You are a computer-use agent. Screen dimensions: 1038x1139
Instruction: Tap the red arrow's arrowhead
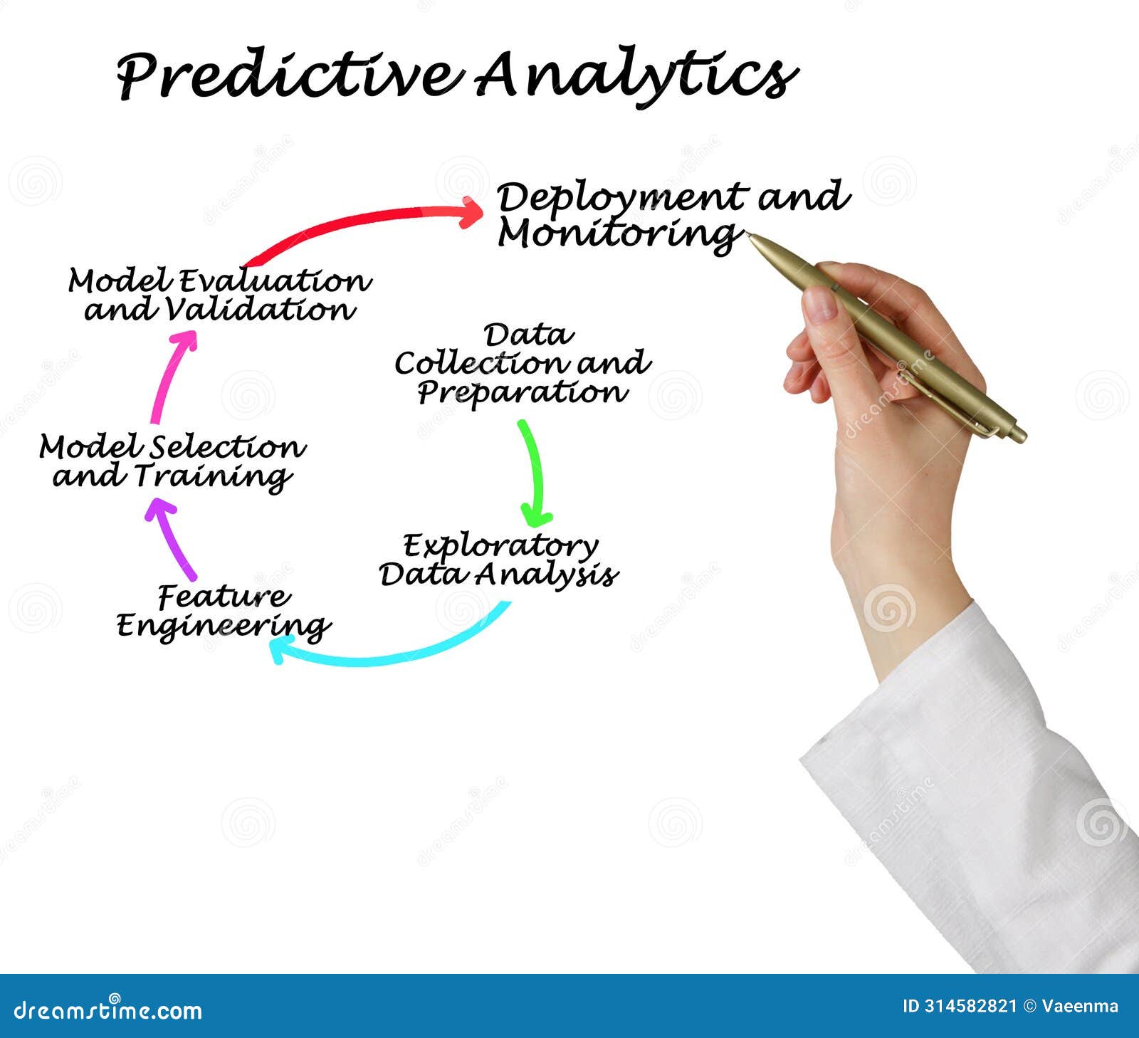[471, 212]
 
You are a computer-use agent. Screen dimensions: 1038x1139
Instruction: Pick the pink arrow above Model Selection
[171, 377]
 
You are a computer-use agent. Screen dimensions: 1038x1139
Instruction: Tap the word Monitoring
[616, 234]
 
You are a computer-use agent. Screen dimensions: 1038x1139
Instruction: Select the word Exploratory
[500, 546]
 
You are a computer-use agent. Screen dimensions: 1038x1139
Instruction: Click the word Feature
[224, 597]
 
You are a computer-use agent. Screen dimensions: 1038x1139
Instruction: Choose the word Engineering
[224, 627]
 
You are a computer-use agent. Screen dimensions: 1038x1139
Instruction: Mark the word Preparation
[522, 392]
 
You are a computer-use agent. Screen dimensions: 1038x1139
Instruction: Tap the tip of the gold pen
[750, 236]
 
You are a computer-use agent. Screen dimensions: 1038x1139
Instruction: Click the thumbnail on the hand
[820, 305]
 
